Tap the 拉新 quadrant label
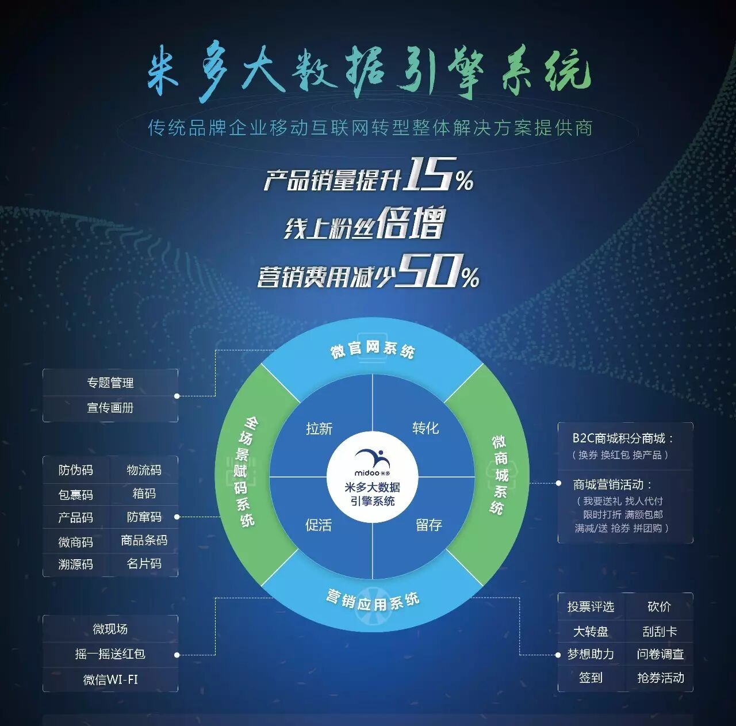point(319,429)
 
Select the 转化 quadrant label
point(425,428)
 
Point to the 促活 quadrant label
point(319,525)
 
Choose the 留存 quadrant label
point(429,525)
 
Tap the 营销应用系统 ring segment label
point(373,602)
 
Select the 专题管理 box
point(110,383)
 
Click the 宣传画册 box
point(110,408)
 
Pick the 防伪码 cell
point(76,470)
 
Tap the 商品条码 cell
point(144,540)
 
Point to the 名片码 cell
point(144,563)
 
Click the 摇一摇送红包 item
point(110,654)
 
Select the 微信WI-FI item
point(110,679)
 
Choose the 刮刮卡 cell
point(660,632)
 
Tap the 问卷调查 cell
point(660,654)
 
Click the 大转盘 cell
point(591,632)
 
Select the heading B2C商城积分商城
point(623,438)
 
